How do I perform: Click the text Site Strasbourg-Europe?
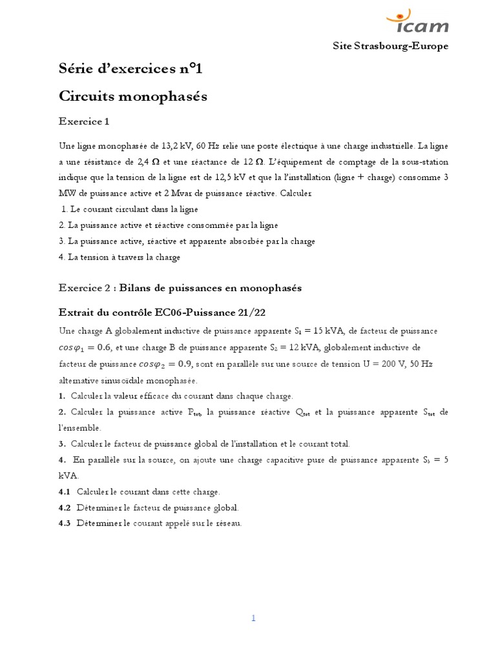(390, 46)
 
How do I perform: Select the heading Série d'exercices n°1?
(125, 70)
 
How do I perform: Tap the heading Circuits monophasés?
(132, 96)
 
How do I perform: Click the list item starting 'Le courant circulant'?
(129, 209)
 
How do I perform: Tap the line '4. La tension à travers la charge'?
(119, 257)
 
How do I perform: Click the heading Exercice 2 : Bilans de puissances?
(180, 289)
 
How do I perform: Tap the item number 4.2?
(65, 507)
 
